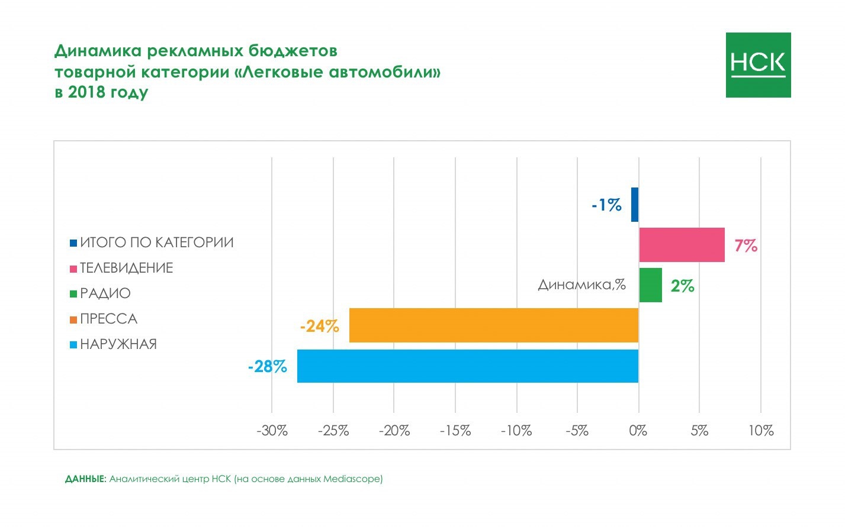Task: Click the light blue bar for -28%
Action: [x=468, y=366]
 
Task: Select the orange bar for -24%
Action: [x=494, y=325]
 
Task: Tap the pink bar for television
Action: [x=682, y=244]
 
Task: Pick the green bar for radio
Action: [x=650, y=285]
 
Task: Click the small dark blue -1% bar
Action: [x=635, y=205]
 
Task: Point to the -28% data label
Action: [x=268, y=367]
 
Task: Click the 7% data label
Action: [x=746, y=245]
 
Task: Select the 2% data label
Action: [x=683, y=286]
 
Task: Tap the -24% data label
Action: [x=319, y=326]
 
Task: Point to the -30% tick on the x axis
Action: [x=272, y=431]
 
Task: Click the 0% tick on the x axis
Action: [x=638, y=431]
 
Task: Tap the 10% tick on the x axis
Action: [x=761, y=431]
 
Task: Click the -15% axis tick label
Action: [x=455, y=431]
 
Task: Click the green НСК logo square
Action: [x=758, y=65]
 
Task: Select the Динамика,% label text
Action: [x=581, y=284]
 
